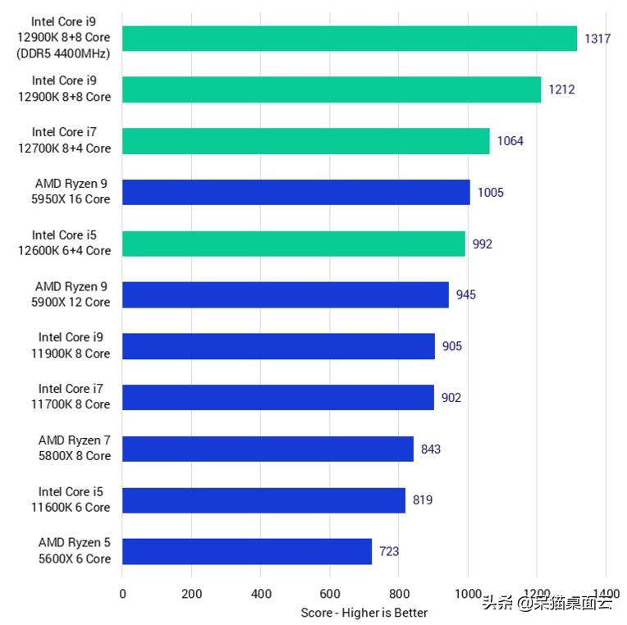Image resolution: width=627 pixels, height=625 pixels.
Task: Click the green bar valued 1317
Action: [350, 38]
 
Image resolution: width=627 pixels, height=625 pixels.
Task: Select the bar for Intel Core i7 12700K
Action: [306, 140]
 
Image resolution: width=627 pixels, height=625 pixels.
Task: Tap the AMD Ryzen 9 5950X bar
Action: [296, 192]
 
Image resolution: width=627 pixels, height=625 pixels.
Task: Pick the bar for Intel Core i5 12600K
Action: [294, 244]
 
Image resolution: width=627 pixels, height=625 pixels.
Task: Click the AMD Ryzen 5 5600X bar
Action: [247, 551]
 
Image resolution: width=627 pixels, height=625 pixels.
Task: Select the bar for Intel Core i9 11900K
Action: [278, 346]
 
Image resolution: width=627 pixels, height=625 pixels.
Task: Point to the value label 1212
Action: [561, 89]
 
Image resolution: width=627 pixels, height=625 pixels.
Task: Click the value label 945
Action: [466, 294]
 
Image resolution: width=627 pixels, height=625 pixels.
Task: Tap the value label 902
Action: [451, 398]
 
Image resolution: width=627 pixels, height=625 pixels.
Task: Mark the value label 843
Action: [431, 449]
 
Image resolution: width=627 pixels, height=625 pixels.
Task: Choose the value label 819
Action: [423, 500]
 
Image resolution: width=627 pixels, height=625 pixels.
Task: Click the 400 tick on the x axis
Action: [261, 594]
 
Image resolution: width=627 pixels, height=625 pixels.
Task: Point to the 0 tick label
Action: [122, 594]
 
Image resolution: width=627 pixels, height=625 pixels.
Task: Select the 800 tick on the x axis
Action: [399, 594]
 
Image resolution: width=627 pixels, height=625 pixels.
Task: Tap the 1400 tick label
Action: [606, 594]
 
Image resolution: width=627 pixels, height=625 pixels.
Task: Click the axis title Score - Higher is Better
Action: [364, 613]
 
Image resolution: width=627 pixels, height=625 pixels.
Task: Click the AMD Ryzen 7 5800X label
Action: [74, 448]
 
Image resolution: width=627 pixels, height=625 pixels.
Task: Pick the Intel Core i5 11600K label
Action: [74, 500]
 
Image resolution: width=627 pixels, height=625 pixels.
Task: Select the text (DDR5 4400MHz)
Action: [69, 53]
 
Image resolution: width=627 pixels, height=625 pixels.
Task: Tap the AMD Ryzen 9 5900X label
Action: [72, 294]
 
